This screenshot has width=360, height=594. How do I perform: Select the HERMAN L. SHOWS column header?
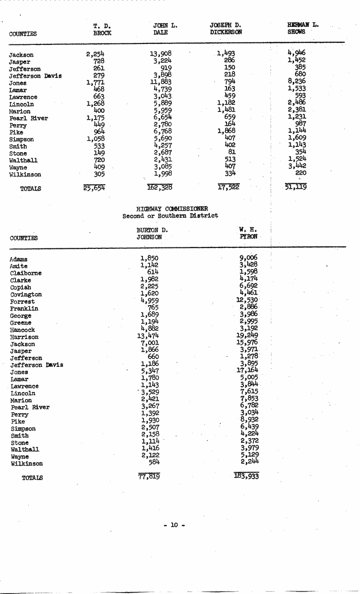(302, 28)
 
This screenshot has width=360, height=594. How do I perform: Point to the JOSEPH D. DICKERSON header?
(226, 28)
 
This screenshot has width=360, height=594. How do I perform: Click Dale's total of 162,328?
(159, 188)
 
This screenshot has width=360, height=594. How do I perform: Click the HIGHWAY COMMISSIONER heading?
(172, 209)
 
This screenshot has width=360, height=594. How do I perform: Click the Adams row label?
(19, 259)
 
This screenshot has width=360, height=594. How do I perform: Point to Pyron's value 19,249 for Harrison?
(249, 336)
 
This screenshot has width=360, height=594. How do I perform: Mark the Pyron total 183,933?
(246, 476)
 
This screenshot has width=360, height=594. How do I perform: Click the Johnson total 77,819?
(149, 476)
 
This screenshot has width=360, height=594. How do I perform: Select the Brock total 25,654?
(94, 188)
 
